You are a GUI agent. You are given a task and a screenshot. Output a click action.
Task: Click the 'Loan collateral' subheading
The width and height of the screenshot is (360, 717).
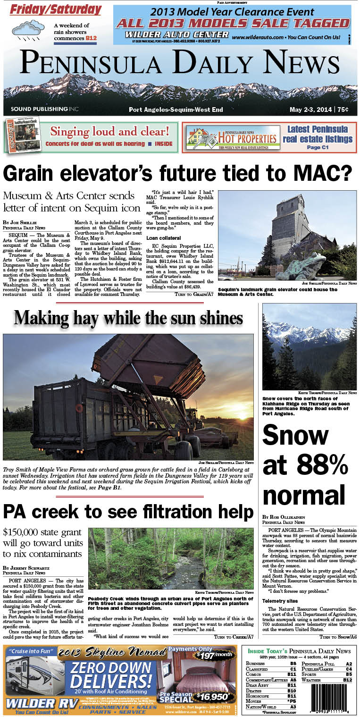tap(163, 238)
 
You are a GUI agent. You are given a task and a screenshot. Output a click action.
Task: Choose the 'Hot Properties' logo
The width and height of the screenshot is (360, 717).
tap(231, 137)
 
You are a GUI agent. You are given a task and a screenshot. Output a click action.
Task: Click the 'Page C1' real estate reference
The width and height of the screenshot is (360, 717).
tap(317, 147)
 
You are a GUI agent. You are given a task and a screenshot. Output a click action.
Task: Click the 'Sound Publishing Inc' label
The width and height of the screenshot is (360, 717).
tap(44, 110)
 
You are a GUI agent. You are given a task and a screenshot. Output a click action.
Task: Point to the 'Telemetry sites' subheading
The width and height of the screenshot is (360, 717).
tap(280, 601)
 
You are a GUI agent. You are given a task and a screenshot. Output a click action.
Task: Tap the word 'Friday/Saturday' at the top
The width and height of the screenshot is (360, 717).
tap(56, 9)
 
